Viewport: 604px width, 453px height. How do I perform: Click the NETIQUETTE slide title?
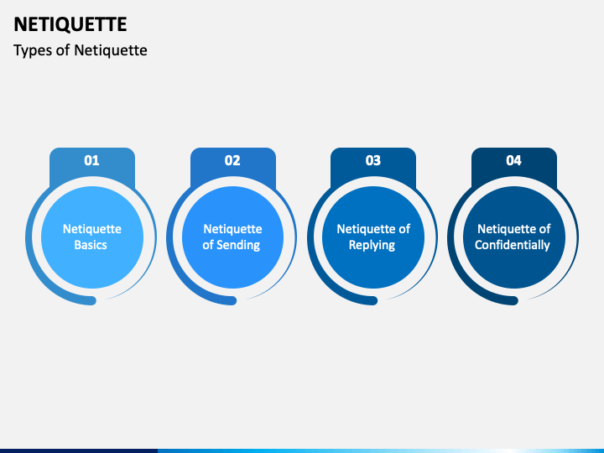tap(70, 24)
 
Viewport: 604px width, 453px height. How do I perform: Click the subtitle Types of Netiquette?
tap(81, 50)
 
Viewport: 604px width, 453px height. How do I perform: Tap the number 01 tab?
tap(92, 160)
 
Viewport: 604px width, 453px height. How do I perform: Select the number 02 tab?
tap(232, 160)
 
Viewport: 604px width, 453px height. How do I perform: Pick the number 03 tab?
tap(373, 160)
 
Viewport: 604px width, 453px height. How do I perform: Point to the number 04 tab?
tap(513, 160)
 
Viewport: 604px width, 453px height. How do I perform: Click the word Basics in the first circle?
tap(91, 245)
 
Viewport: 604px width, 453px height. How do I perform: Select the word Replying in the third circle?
tap(373, 245)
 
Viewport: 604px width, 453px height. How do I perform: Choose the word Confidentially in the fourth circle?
tap(513, 245)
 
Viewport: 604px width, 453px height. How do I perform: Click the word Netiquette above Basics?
tap(92, 229)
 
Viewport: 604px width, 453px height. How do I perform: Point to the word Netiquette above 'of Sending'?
tap(232, 229)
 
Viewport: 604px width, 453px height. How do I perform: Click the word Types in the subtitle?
tap(30, 50)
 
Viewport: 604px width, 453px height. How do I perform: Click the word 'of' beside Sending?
tap(209, 245)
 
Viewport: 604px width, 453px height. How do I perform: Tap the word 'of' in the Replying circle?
tap(404, 229)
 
